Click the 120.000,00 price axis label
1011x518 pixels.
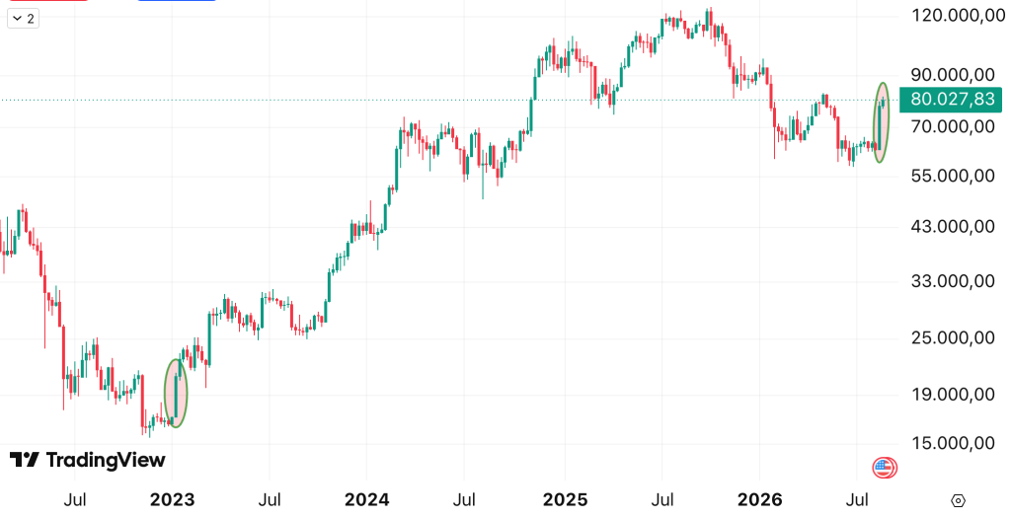pyautogui.click(x=953, y=16)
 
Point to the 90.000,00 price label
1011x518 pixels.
pyautogui.click(x=953, y=75)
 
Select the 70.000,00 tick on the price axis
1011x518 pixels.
pyautogui.click(x=953, y=126)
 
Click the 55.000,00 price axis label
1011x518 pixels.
pyautogui.click(x=953, y=176)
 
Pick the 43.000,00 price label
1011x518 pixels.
pyautogui.click(x=953, y=227)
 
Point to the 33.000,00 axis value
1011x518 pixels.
pyautogui.click(x=953, y=281)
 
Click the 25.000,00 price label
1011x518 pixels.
pyautogui.click(x=953, y=337)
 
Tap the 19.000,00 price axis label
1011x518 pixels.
pyautogui.click(x=953, y=395)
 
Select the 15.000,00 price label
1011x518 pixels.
pyautogui.click(x=953, y=443)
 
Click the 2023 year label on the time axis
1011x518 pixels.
pyautogui.click(x=172, y=499)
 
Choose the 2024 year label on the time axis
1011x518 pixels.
pyautogui.click(x=367, y=499)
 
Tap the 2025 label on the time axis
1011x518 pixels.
pyautogui.click(x=566, y=499)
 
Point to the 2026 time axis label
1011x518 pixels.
pyautogui.click(x=759, y=499)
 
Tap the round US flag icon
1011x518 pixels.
pyautogui.click(x=885, y=467)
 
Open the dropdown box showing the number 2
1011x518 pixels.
pyautogui.click(x=24, y=19)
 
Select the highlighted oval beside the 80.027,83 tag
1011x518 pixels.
pyautogui.click(x=875, y=122)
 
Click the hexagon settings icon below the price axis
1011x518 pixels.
pyautogui.click(x=958, y=500)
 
